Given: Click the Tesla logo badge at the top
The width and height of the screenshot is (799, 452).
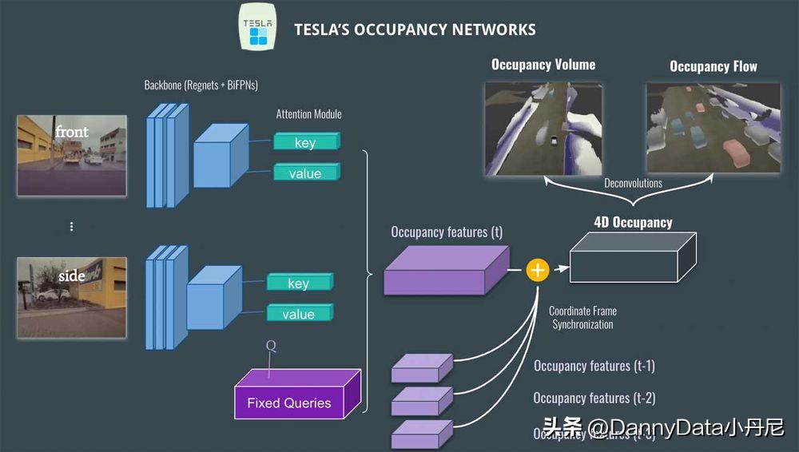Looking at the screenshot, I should pos(257,28).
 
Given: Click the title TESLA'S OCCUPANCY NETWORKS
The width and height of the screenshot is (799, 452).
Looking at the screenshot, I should pos(415,30).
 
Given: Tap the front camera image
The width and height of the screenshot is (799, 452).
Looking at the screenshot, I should pos(72,155).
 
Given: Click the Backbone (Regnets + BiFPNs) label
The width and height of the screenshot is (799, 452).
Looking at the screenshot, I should pos(201,85).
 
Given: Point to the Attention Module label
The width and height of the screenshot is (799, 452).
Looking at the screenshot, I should pos(308,114).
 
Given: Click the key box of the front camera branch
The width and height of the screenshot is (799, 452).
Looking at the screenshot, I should pos(306,142).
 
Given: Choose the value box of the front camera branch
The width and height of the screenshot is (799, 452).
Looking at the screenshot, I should pos(306,172).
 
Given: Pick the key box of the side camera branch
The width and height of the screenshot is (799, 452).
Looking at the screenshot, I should pos(299,283).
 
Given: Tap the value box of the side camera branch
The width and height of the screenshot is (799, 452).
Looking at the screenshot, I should pos(299,313).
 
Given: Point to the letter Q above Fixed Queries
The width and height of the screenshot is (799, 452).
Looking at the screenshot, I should pos(270,346).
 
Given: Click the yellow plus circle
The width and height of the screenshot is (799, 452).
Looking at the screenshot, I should pos(538,271).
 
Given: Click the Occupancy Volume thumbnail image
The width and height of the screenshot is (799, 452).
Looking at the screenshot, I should pos(543,127).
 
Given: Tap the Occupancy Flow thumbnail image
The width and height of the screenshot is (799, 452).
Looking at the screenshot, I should pos(713,127).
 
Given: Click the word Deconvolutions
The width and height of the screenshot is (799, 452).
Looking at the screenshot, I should pos(633,183).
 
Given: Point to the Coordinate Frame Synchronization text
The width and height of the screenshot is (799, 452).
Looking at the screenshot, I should pos(582,318).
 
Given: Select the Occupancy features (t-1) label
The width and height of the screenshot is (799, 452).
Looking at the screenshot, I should pos(594,366).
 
